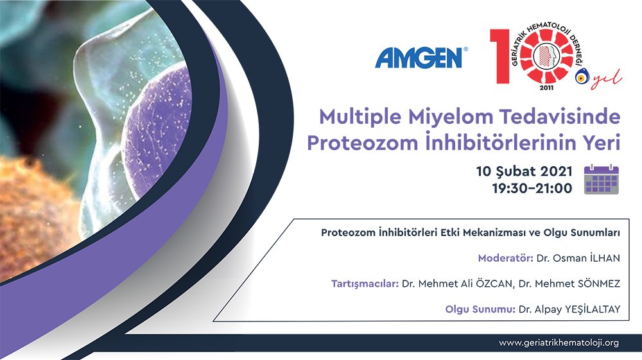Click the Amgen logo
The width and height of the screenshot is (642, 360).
coord(421,58)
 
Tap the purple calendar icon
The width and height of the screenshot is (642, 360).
coord(601,179)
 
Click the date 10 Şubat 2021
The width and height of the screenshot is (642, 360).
coord(524,171)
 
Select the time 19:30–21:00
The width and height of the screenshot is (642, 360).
coord(532,188)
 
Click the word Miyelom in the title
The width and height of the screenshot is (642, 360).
coord(451,117)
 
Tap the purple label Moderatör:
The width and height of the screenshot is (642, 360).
coord(506,258)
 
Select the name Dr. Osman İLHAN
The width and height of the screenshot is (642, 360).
coord(578,258)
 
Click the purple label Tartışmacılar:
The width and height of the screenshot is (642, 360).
coord(365,284)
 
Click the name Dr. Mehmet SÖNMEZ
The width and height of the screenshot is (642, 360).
coord(569,284)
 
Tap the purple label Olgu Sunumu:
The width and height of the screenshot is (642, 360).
coord(480,309)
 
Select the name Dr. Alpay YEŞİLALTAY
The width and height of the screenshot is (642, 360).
coord(569,309)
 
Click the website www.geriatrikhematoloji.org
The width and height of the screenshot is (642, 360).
coord(559,343)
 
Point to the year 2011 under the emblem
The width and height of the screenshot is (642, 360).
coord(546,87)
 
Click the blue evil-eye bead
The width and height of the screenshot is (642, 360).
coord(581,77)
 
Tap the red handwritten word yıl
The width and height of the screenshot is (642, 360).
coord(606,78)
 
